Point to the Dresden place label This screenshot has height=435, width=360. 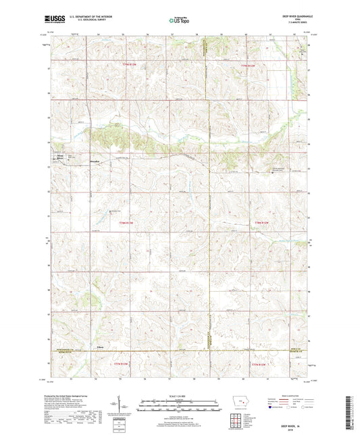click(96, 161)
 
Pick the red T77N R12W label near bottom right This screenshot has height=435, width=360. click(259, 365)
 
